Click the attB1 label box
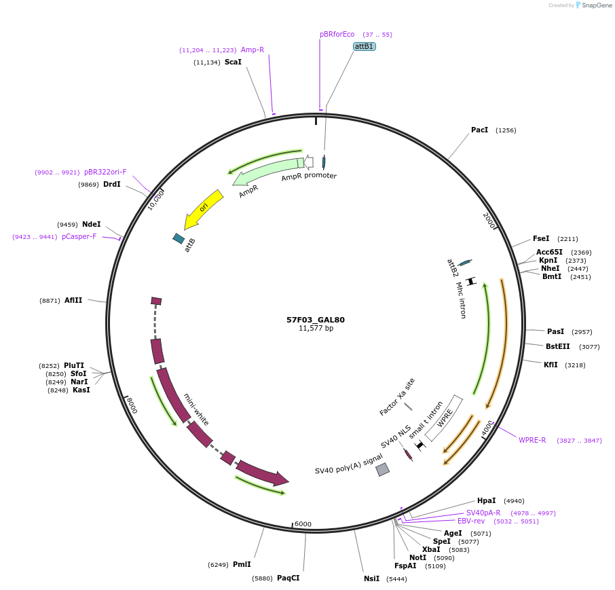(365, 46)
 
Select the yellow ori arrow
(203, 209)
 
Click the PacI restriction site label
(479, 130)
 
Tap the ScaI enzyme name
(233, 62)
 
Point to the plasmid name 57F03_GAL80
(316, 319)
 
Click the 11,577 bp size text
(316, 329)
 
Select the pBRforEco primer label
(337, 34)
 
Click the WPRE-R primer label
(532, 440)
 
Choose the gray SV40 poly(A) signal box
(383, 469)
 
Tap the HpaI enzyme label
(486, 500)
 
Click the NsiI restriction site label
(371, 578)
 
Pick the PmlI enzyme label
(242, 564)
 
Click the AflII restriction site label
(73, 299)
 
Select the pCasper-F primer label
(79, 237)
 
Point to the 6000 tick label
(303, 524)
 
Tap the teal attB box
(179, 238)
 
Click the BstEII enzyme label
(558, 346)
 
